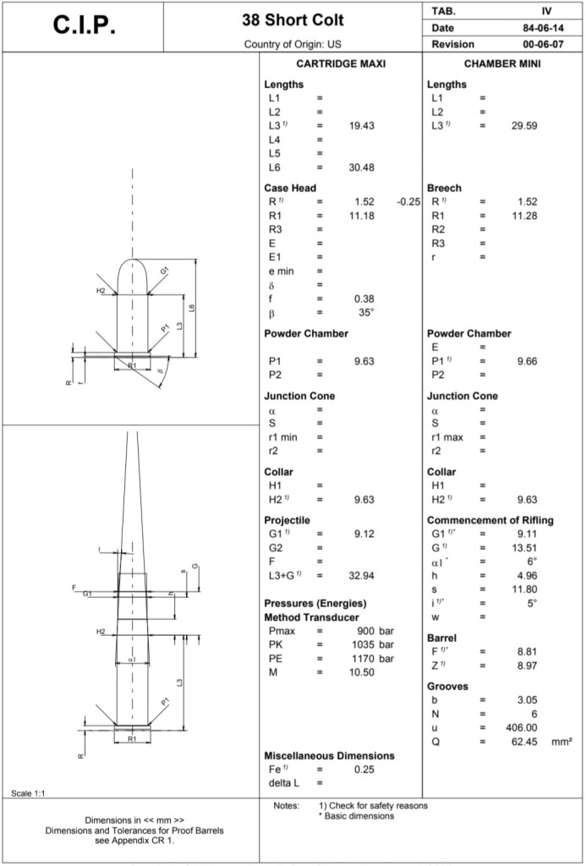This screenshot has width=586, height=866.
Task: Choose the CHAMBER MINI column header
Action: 502,64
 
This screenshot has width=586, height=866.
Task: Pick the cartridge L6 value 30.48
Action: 361,167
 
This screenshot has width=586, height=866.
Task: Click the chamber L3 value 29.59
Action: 525,125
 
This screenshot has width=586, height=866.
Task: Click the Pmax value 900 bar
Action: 374,632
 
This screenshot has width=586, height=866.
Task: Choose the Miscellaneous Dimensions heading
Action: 329,755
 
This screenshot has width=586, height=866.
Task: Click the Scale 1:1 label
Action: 28,792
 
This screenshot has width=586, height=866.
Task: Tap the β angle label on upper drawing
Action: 159,370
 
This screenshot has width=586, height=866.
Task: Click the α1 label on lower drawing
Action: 131,659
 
